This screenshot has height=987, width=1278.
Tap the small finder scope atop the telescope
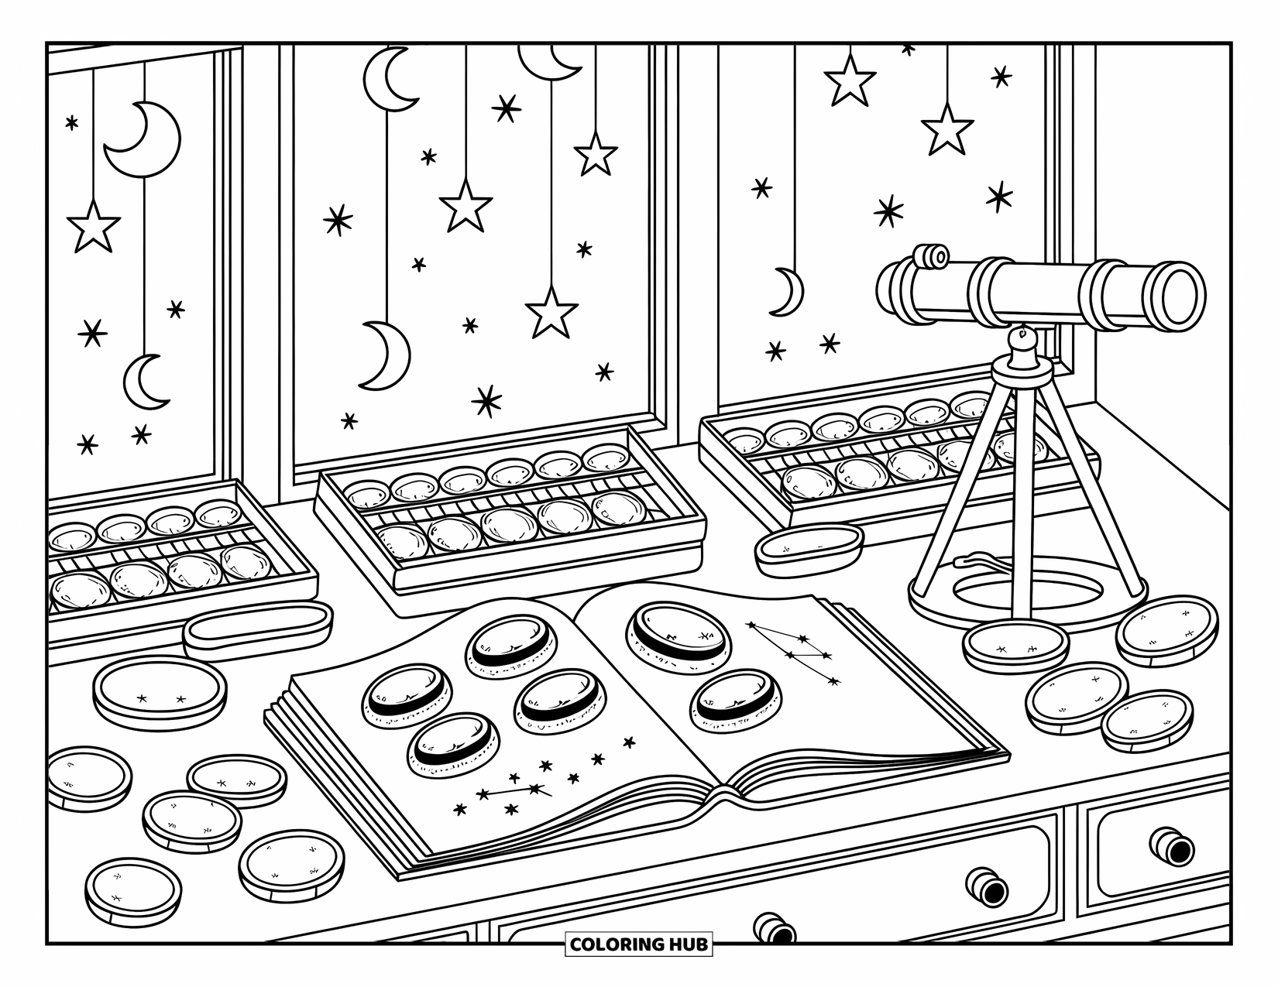tap(931, 256)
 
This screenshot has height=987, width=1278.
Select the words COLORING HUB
tap(638, 944)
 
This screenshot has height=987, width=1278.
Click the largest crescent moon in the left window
tap(144, 139)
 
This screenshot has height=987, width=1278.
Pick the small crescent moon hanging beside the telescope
tap(788, 292)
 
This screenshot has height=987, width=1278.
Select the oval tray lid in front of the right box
tap(809, 548)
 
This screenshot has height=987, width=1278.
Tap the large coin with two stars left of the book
tap(160, 692)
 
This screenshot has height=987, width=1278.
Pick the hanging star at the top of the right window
tap(850, 81)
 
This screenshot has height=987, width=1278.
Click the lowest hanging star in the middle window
tap(551, 314)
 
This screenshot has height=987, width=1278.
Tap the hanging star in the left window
tap(94, 228)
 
